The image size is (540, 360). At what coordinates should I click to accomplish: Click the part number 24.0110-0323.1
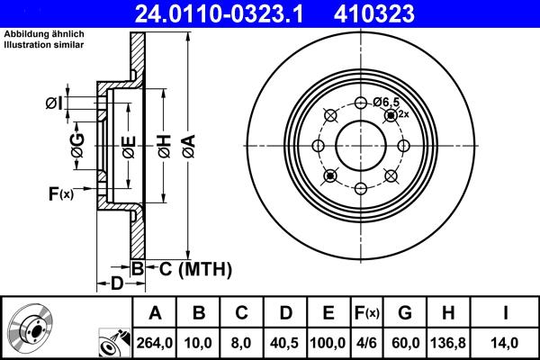pyautogui.click(x=210, y=13)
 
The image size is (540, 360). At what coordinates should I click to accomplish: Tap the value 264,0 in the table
pyautogui.click(x=155, y=341)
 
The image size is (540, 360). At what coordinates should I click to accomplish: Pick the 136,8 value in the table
pyautogui.click(x=449, y=341)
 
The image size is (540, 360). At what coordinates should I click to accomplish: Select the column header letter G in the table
pyautogui.click(x=405, y=313)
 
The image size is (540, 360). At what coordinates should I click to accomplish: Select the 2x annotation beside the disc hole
pyautogui.click(x=404, y=114)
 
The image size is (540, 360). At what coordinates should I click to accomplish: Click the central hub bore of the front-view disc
pyautogui.click(x=361, y=145)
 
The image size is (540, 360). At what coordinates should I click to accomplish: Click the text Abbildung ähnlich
pyautogui.click(x=37, y=34)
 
